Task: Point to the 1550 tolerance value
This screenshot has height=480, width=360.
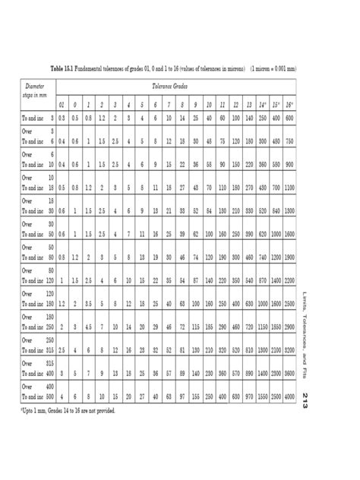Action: click(x=258, y=396)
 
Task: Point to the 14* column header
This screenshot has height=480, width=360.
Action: click(x=258, y=103)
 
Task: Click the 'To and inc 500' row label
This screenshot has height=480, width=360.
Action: click(x=36, y=396)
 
